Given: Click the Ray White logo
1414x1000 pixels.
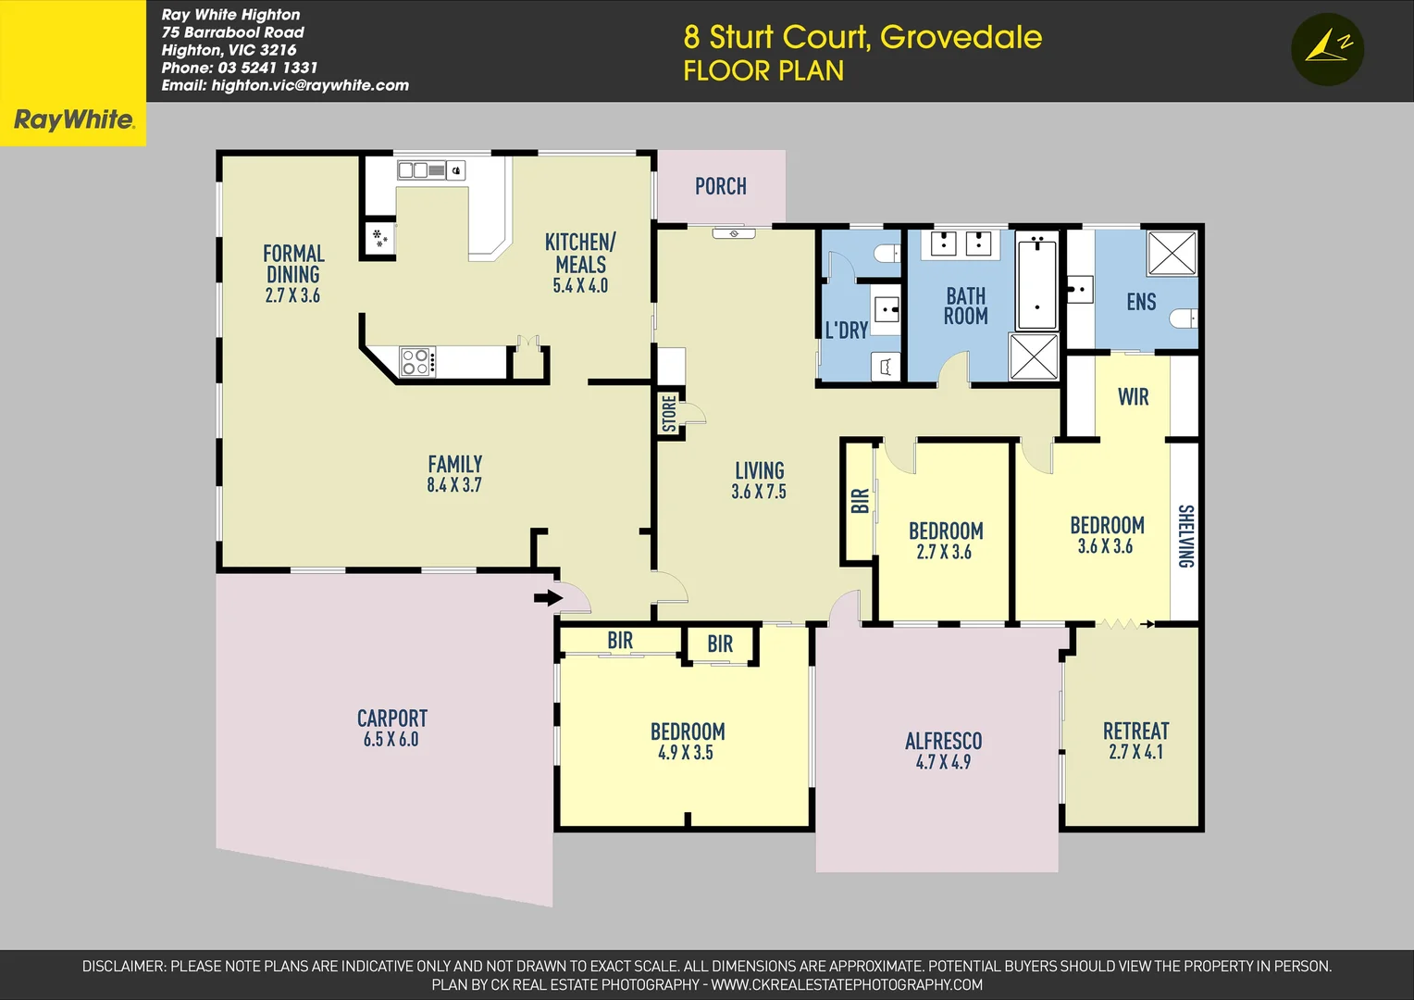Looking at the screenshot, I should (73, 119).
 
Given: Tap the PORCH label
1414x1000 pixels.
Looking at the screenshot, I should (720, 186).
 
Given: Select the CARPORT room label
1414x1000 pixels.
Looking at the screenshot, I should (392, 719).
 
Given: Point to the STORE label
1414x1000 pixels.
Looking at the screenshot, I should (669, 414).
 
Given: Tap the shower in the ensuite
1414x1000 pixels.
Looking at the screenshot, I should (1172, 253).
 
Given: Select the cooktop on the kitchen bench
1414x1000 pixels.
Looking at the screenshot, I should (416, 361).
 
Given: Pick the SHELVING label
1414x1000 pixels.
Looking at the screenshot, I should (1185, 536).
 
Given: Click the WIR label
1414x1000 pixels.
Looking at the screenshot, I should (1133, 397).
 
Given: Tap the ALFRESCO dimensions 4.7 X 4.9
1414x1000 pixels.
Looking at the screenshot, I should (943, 762).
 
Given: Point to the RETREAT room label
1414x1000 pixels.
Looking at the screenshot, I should (1135, 731).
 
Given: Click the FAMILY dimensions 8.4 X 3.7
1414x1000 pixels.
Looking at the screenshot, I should (454, 484).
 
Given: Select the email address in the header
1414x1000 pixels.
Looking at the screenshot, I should (285, 85).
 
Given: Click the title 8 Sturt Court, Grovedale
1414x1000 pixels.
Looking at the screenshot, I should (862, 37).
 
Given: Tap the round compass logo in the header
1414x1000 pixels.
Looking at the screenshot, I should (1327, 49).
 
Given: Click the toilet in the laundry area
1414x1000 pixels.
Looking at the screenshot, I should (888, 254).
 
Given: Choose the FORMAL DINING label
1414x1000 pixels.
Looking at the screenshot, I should (293, 264).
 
